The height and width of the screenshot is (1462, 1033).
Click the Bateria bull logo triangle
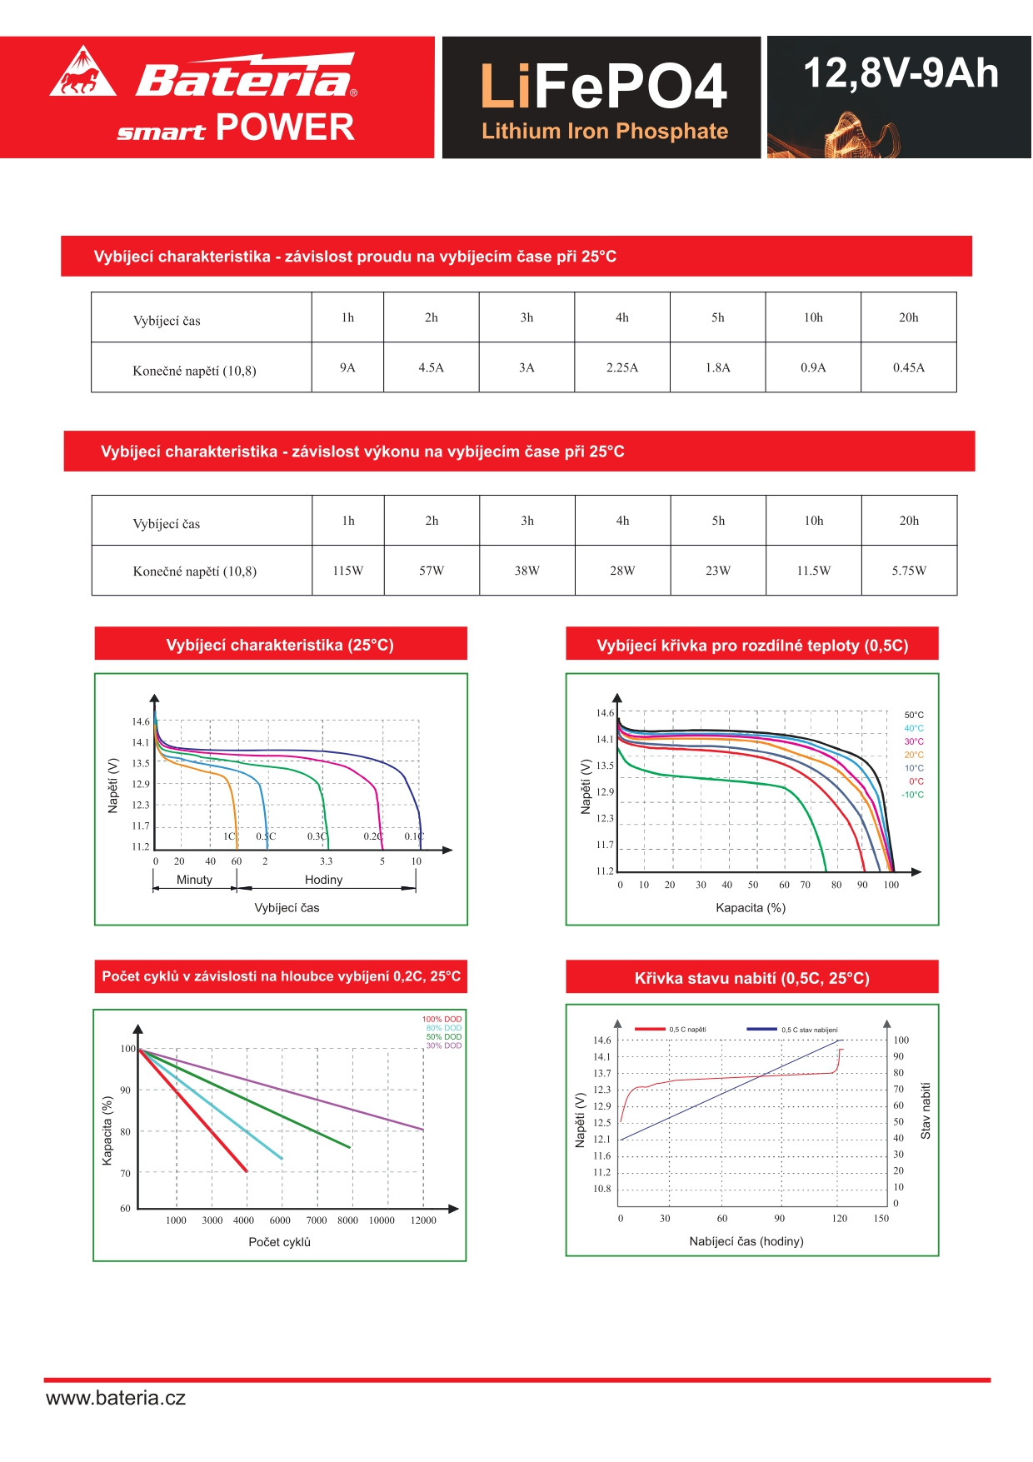point(82,73)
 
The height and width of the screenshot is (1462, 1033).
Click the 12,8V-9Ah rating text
point(901,73)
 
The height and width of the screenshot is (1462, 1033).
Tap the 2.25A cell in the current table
point(622,367)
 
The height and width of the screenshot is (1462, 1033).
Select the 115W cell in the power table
point(348,571)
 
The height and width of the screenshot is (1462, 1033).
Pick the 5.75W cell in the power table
point(909,571)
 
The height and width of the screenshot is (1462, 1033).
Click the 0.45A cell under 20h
point(909,367)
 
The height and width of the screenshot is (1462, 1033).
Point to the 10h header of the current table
point(813,317)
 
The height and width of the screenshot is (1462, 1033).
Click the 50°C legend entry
point(914,715)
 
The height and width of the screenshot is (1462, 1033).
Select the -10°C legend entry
point(912,795)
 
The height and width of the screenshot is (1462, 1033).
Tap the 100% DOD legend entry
point(442,1019)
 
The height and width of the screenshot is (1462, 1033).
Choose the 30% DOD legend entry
point(444,1045)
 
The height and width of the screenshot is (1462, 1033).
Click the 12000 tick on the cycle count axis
point(423,1220)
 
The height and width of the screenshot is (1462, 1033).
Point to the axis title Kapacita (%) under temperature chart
point(751,908)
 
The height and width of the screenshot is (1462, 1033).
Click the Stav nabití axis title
point(926,1110)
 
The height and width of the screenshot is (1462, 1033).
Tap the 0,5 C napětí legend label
point(687,1030)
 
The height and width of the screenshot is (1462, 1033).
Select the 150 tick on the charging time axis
point(881,1219)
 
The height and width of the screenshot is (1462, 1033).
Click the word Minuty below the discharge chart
point(194,880)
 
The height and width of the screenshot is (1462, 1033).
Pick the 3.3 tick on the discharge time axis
point(326,861)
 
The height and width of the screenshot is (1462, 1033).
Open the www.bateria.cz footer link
point(116,1399)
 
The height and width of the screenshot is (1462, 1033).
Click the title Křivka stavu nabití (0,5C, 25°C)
point(751,978)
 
